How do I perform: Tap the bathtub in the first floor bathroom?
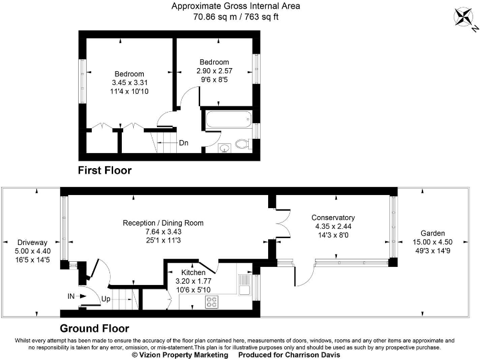228,118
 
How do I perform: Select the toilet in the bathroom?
243,145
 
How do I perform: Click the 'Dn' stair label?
184,143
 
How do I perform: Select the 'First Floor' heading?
104,170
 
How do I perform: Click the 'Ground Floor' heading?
94,328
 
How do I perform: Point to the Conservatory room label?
333,218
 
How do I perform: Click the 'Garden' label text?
432,232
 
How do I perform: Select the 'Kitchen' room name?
194,273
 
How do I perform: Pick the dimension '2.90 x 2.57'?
214,71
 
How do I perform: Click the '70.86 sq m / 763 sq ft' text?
236,17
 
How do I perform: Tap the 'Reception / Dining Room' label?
163,223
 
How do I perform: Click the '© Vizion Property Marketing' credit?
180,355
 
